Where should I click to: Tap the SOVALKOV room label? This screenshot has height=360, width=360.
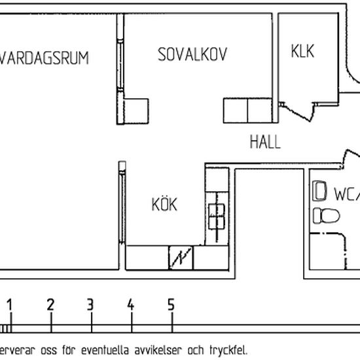(x=192, y=55)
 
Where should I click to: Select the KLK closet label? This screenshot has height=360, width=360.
(x=302, y=51)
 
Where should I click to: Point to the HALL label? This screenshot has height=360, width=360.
(x=264, y=141)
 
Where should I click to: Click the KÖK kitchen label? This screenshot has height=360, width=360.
(x=164, y=204)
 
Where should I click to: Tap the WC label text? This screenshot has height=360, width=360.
(x=346, y=194)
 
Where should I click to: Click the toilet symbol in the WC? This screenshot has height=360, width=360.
(x=325, y=215)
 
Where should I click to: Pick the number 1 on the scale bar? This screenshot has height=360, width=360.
(x=10, y=304)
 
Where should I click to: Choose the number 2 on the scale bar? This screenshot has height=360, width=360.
(x=50, y=304)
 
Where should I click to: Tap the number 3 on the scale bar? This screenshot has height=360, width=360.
(x=90, y=304)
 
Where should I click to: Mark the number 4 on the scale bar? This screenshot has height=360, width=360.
(x=131, y=304)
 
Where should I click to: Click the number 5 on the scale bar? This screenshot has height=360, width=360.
(x=171, y=304)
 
